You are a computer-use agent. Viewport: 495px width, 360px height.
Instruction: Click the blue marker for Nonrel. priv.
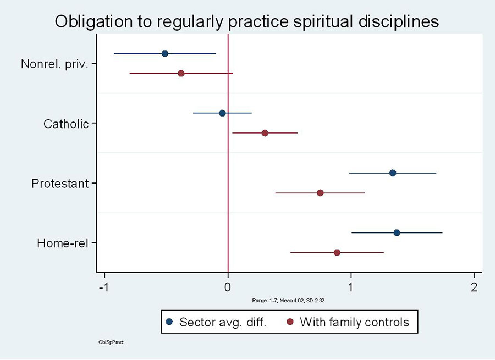(165, 53)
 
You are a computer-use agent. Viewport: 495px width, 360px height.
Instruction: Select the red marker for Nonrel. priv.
(181, 73)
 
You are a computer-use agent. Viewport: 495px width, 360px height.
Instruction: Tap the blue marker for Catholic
(222, 113)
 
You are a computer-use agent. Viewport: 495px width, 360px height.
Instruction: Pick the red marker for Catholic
(265, 133)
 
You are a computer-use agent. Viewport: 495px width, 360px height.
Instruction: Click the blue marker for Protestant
(393, 173)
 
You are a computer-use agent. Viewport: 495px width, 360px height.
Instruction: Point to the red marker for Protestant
(320, 193)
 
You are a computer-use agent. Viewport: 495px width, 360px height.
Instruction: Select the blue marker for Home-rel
(397, 232)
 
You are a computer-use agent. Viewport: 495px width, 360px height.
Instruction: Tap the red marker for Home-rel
(337, 252)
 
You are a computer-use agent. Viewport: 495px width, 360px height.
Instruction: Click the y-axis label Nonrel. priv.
(54, 64)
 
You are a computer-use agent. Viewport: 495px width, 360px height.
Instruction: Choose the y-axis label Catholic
(66, 124)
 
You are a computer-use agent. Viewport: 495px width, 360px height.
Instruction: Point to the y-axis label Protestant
(60, 184)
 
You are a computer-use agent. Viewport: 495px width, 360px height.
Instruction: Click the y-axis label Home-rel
(63, 243)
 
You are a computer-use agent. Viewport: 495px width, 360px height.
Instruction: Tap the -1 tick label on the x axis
(103, 287)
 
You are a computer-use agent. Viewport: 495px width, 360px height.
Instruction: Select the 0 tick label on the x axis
(228, 287)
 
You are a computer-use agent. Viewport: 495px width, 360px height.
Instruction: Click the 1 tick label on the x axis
(351, 287)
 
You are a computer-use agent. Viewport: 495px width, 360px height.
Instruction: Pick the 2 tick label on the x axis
(474, 287)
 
